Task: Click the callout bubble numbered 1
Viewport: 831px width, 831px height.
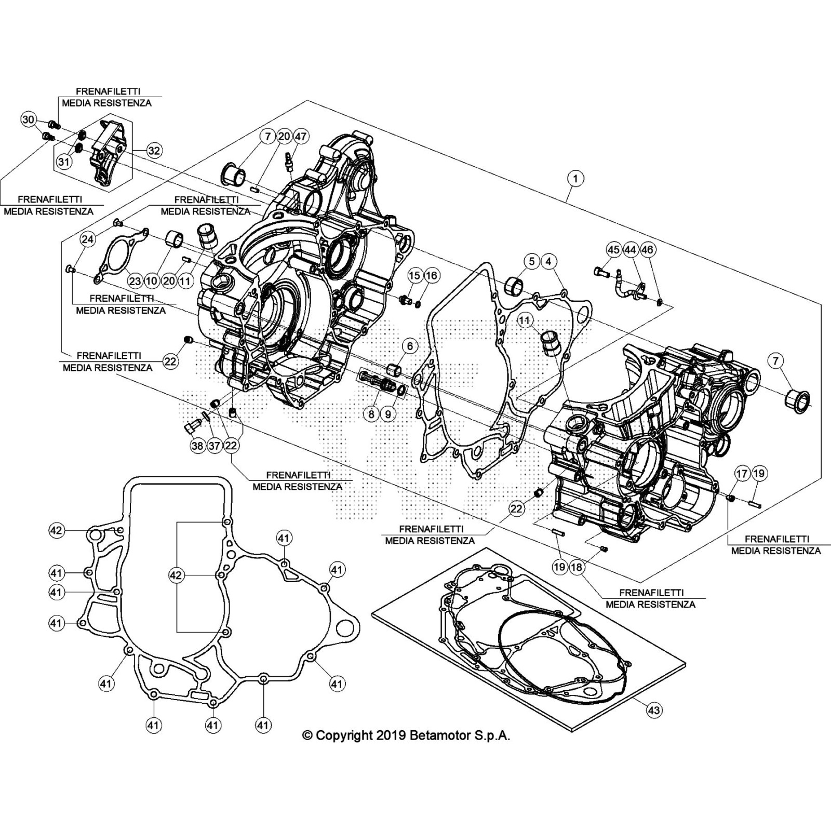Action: coord(575,178)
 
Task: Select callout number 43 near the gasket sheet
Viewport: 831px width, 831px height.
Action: coord(654,709)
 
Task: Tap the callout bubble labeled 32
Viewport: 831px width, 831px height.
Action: coord(154,151)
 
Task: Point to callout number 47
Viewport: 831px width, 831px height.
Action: coord(301,137)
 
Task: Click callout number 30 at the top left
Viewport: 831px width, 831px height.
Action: coord(28,120)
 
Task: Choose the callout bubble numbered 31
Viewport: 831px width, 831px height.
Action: coord(63,162)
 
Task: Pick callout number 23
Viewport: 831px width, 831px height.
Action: coord(135,281)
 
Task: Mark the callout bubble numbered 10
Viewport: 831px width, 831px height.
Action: coord(151,281)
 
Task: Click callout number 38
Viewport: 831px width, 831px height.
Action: coord(197,446)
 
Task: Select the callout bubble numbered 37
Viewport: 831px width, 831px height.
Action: coord(215,446)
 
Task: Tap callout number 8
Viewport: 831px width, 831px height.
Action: coord(371,414)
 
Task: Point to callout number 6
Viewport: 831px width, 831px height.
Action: coord(410,346)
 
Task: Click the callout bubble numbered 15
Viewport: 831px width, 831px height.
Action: coord(414,275)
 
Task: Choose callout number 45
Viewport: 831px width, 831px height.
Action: coord(613,250)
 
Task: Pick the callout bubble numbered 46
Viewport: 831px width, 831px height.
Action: coord(647,250)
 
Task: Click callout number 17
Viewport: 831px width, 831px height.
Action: coord(742,473)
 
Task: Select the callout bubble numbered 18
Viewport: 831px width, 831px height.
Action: coord(577,567)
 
